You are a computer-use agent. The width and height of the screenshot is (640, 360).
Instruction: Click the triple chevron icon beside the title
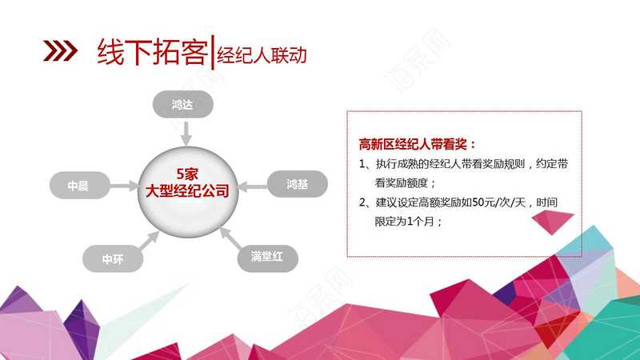point(61,51)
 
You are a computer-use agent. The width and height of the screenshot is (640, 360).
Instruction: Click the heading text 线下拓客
point(152,52)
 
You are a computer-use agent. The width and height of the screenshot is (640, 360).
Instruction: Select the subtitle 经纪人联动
point(262,55)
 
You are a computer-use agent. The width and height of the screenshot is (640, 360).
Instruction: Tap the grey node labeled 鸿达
point(183,105)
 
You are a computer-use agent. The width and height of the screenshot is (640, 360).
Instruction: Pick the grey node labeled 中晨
point(79,186)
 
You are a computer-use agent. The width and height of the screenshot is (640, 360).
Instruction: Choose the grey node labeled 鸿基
point(298,184)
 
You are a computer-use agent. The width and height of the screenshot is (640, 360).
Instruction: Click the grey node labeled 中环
point(113,258)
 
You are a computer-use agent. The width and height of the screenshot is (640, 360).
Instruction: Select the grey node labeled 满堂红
point(268,256)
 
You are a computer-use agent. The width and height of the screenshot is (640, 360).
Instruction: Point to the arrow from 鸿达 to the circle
point(186,133)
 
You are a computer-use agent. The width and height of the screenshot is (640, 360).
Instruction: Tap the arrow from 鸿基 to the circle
point(253,186)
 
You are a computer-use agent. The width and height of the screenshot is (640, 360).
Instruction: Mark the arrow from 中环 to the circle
point(150,240)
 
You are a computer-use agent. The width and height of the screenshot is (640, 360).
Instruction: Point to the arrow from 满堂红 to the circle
point(230,238)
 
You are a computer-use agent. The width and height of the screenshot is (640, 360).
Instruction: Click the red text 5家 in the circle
point(187,174)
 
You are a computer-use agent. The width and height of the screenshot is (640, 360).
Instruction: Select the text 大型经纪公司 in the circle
point(187,190)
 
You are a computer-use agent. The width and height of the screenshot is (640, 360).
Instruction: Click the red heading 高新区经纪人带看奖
point(413,144)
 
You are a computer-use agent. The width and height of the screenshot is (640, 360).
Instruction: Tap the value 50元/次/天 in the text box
point(498,202)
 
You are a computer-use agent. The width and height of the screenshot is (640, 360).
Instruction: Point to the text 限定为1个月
point(404,222)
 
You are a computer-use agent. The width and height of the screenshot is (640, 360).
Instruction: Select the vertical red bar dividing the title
point(212,53)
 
